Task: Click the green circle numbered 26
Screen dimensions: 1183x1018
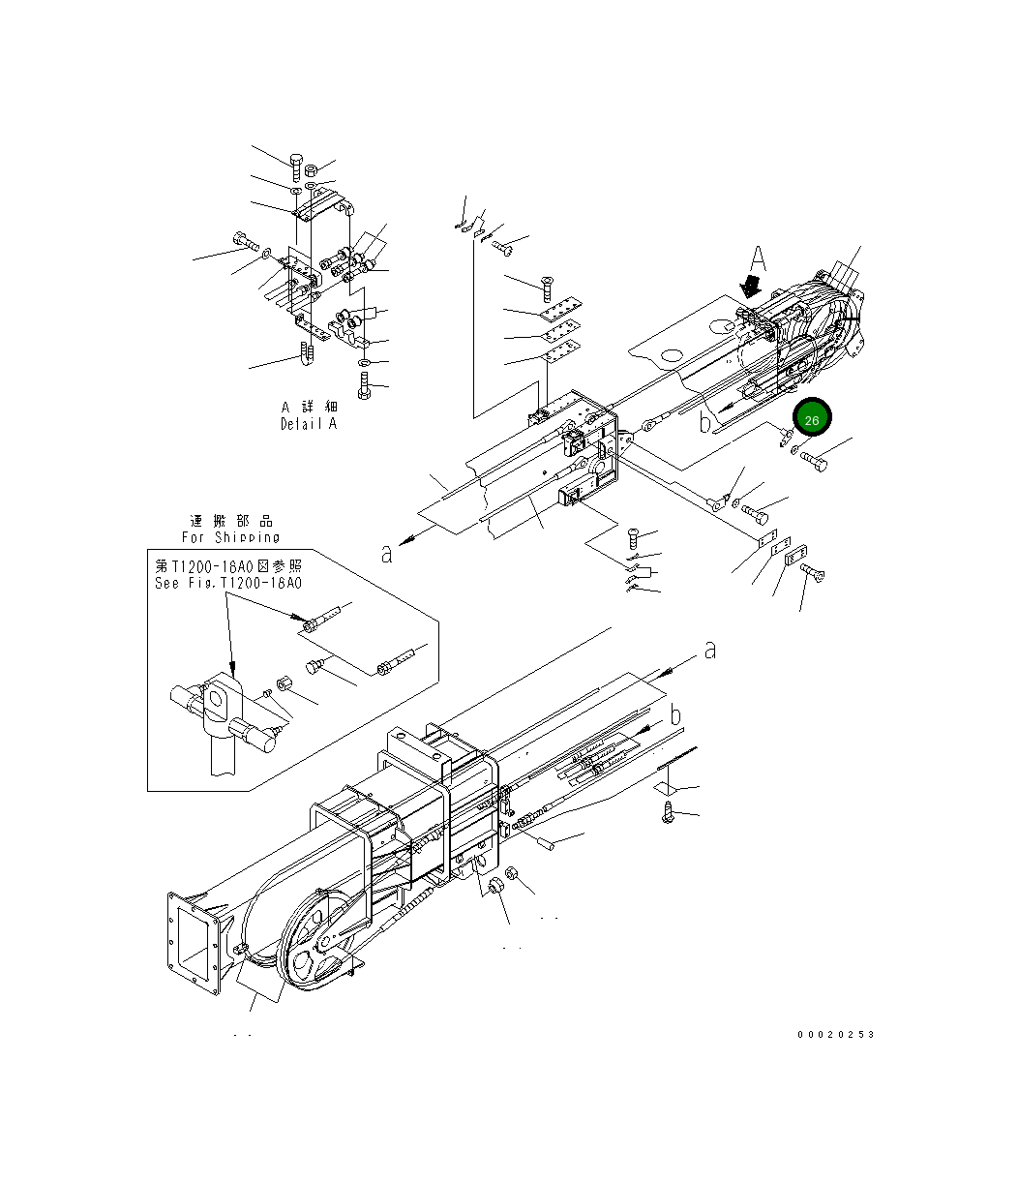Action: [811, 419]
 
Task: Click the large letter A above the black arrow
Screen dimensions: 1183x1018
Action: [759, 259]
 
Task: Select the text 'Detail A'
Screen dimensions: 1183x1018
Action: [310, 424]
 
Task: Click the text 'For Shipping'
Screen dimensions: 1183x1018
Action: [230, 536]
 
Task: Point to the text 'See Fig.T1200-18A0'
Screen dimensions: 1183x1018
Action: [228, 584]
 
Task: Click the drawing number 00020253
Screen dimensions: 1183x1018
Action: [835, 1034]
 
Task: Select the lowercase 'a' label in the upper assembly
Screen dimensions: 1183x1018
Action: [387, 553]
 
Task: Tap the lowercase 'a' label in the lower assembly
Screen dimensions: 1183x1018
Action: [709, 650]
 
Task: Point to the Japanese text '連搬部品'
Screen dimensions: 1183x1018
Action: [230, 521]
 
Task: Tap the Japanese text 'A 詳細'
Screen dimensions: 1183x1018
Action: [310, 408]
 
